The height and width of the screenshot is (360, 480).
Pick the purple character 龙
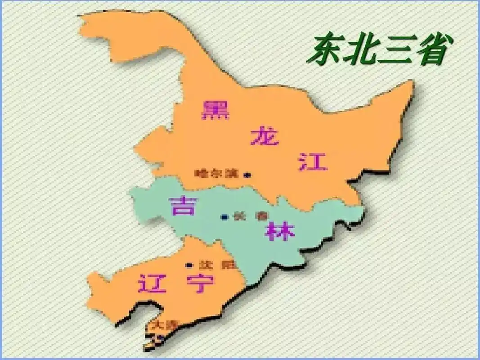point(265,135)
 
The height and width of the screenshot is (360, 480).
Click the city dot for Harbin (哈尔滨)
point(247,175)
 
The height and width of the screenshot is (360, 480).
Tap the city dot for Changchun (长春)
point(224,217)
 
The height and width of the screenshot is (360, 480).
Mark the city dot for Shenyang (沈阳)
point(189,265)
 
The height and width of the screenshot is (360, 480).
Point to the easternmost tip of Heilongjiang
point(412,83)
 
